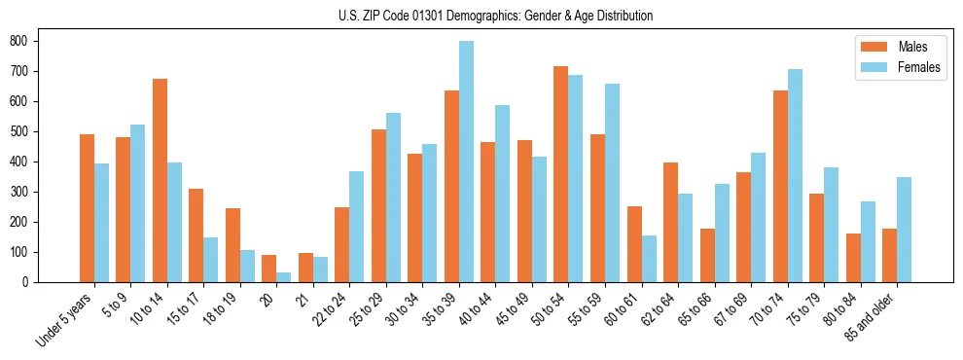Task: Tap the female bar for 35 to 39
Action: (466, 162)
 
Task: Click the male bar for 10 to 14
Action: (160, 180)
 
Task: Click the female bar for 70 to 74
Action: (795, 175)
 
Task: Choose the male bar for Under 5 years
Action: (87, 208)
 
